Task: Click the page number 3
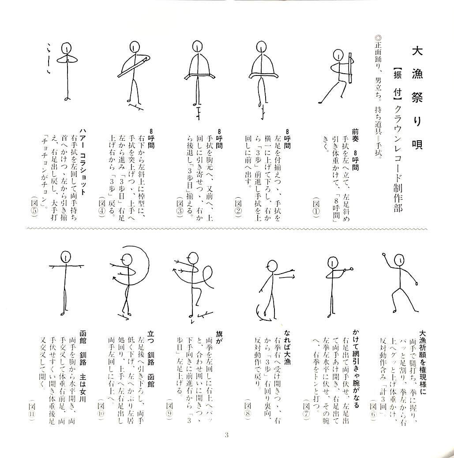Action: (x=227, y=436)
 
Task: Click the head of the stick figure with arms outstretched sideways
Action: (x=65, y=256)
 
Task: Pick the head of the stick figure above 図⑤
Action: (x=66, y=47)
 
